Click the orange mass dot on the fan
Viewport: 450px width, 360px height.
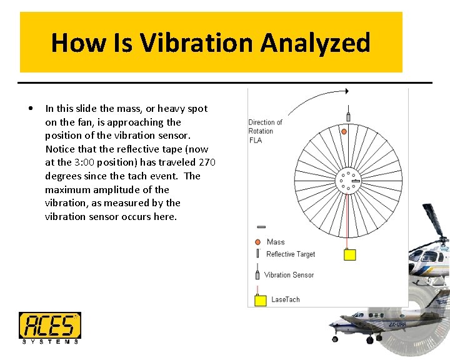pos(344,131)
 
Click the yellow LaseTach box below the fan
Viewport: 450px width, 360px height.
pos(349,254)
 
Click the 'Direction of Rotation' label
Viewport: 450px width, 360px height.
pos(265,127)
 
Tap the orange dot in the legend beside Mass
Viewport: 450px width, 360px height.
pos(257,242)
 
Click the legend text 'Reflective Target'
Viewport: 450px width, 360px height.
pos(290,254)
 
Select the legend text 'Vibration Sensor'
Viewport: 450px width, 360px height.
pos(288,275)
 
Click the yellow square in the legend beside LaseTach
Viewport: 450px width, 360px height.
pos(261,300)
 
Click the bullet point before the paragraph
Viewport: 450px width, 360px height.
pos(31,108)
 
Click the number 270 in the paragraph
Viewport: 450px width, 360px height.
pos(207,162)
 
